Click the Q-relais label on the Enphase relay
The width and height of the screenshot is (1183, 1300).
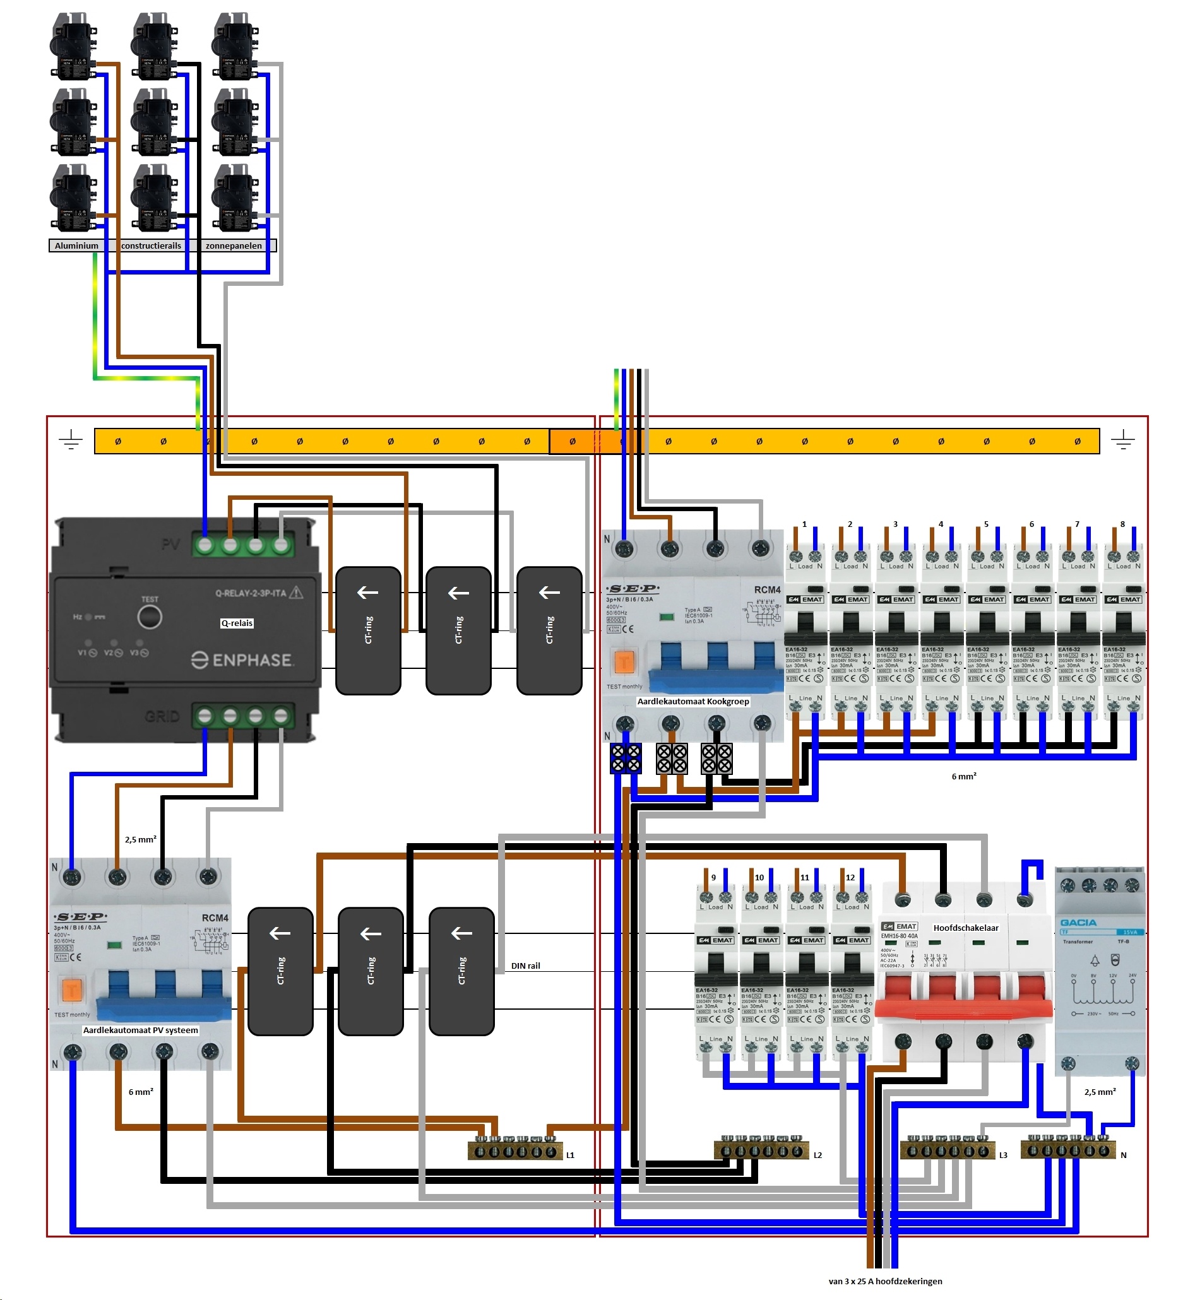pos(237,623)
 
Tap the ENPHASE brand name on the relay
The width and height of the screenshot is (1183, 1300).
pos(242,660)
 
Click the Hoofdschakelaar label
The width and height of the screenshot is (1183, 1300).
pos(966,928)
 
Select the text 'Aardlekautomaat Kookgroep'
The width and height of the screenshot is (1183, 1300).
pos(693,702)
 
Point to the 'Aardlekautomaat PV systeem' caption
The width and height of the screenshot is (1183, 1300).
pos(141,1030)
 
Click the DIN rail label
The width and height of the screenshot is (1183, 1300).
pos(525,966)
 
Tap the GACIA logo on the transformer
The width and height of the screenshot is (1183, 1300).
pos(1078,923)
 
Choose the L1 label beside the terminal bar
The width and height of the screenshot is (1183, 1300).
pos(570,1155)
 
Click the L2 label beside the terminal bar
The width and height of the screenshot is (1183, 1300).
pos(817,1155)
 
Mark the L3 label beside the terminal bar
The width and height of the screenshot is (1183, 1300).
pos(1003,1155)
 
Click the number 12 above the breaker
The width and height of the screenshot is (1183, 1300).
pos(850,877)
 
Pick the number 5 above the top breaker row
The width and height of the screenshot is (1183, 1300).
pos(985,524)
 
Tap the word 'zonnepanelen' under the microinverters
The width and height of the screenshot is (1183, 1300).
pos(234,245)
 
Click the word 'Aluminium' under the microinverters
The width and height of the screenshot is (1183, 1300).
pos(77,245)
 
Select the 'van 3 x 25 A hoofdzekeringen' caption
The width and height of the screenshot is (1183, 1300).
pos(885,1281)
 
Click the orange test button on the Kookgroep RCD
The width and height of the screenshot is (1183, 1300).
pos(624,661)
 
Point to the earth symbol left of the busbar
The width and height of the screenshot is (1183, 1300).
pos(70,440)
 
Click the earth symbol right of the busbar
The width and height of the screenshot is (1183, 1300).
pos(1122,440)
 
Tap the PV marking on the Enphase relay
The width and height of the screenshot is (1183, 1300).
pos(170,545)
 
